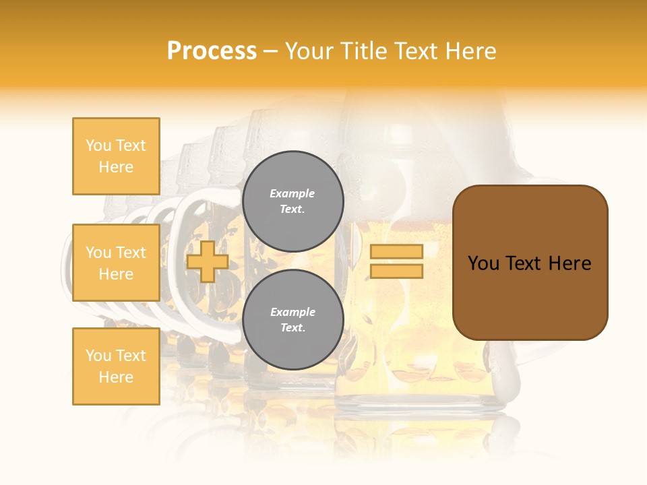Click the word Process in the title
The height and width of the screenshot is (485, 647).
pyautogui.click(x=212, y=51)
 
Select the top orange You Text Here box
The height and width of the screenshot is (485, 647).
pyautogui.click(x=116, y=156)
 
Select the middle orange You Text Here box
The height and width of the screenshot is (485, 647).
pyautogui.click(x=116, y=263)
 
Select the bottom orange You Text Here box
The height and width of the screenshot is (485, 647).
pyautogui.click(x=116, y=366)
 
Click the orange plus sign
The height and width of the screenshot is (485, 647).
pyautogui.click(x=208, y=261)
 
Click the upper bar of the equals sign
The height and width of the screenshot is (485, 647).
pyautogui.click(x=396, y=251)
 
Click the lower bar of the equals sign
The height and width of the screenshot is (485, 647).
pyautogui.click(x=396, y=271)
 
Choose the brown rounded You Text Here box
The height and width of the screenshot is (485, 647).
pyautogui.click(x=530, y=263)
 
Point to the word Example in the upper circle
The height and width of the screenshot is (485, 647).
pyautogui.click(x=292, y=193)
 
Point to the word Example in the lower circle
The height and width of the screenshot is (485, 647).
pyautogui.click(x=292, y=312)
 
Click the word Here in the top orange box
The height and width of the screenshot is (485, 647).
pyautogui.click(x=116, y=167)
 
